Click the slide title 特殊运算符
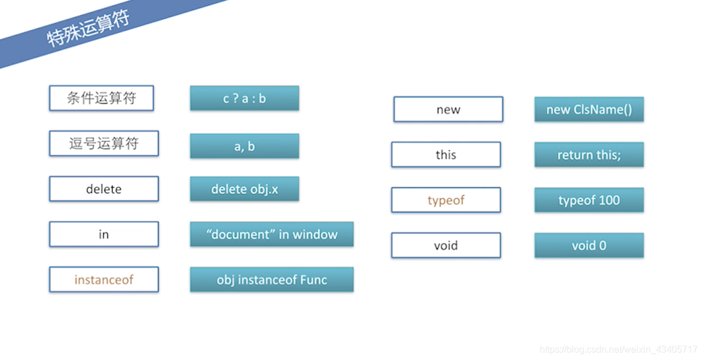click(88, 28)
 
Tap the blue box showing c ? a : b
click(245, 99)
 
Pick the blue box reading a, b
click(245, 146)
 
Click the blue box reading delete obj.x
click(245, 189)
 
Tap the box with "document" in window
click(272, 234)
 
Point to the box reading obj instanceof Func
click(272, 280)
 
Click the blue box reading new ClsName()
click(589, 109)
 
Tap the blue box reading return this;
click(589, 154)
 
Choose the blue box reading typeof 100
click(589, 200)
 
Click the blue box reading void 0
click(589, 246)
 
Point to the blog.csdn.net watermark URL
click(618, 350)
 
